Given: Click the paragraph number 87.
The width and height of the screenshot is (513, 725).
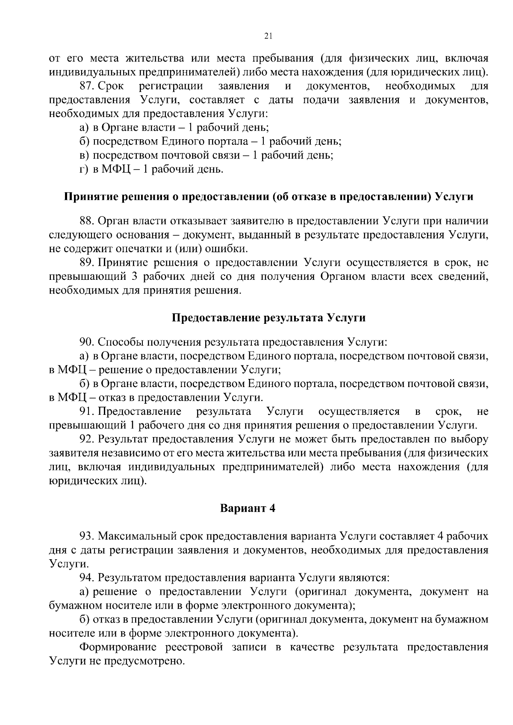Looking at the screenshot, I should coord(86,86).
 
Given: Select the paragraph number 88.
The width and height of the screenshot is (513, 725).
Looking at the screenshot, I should coord(86,221).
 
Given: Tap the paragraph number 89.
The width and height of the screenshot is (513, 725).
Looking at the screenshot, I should coord(86,262).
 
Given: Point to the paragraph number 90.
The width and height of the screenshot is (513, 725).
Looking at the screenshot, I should coord(86,342).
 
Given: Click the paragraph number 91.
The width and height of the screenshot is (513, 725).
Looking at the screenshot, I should coord(86,411).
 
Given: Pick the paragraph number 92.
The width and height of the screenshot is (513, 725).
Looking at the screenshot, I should coord(86,439).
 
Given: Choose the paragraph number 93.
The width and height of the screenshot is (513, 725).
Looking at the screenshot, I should coord(86,536).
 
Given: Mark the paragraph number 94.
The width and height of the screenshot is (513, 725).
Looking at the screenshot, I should coord(86,578).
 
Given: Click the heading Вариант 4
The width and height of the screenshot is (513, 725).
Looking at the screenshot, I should coord(248,508).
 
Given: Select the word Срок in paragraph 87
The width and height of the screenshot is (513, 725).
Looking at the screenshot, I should coord(111,86).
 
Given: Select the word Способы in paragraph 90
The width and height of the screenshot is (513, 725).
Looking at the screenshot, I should coord(120,342).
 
